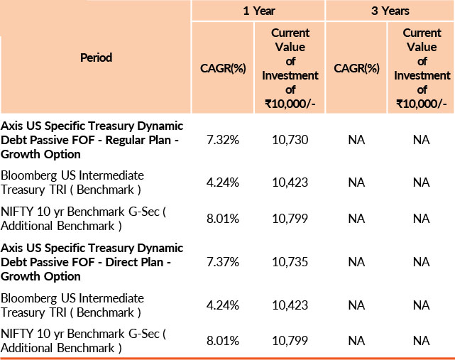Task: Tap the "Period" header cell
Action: [x=96, y=58]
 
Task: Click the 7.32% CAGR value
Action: [x=223, y=140]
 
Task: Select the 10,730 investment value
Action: [x=290, y=140]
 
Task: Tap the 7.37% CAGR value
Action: [x=223, y=263]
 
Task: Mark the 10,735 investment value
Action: [x=290, y=263]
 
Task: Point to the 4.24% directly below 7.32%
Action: [x=223, y=182]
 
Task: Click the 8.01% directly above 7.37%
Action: [x=223, y=218]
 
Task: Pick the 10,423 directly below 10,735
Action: [x=290, y=305]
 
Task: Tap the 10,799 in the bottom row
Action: [x=290, y=341]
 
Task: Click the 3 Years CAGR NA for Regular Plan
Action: [x=356, y=140]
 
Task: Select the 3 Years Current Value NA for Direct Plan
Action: [x=422, y=263]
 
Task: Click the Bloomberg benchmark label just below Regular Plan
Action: [x=72, y=182]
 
